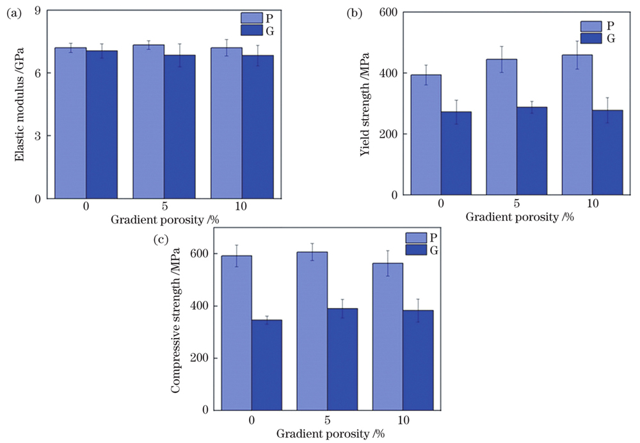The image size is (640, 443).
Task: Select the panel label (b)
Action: (353, 12)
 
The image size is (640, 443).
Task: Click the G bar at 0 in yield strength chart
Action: (456, 153)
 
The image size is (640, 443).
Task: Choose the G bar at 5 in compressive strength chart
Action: (342, 358)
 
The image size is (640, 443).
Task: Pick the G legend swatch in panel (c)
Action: (417, 250)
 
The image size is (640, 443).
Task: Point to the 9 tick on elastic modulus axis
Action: (38, 11)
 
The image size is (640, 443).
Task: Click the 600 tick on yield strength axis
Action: (388, 12)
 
